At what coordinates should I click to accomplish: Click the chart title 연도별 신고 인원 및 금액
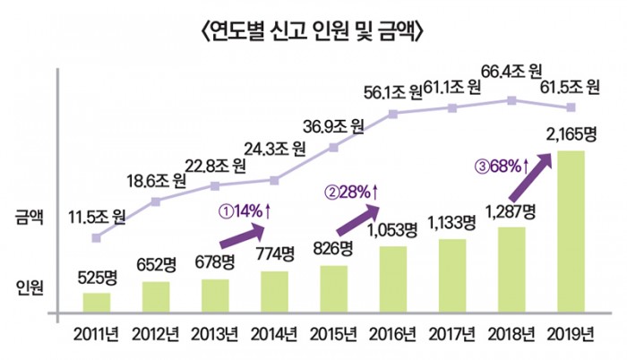(x=313, y=33)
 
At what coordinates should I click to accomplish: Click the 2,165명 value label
(x=570, y=136)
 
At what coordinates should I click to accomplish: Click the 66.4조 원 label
(x=511, y=70)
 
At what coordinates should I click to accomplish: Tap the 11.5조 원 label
(x=98, y=217)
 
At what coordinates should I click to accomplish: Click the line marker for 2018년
(x=511, y=100)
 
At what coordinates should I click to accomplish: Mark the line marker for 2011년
(x=98, y=238)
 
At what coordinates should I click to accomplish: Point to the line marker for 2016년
(x=392, y=114)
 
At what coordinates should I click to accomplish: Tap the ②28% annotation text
(x=351, y=191)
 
